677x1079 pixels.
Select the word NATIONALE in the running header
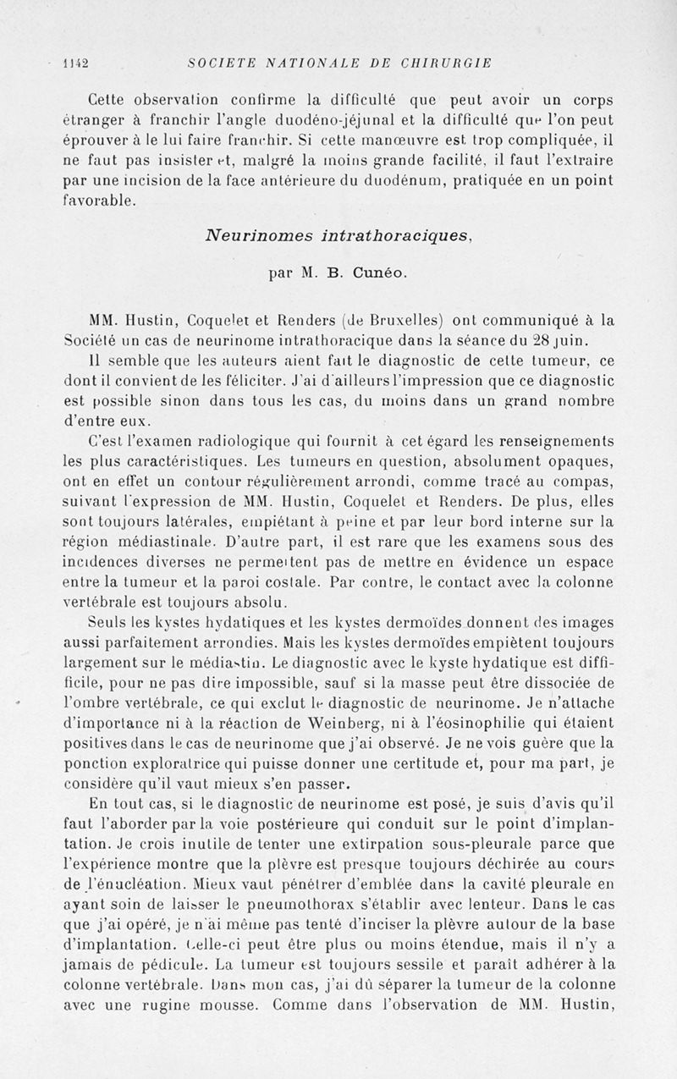(x=294, y=62)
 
